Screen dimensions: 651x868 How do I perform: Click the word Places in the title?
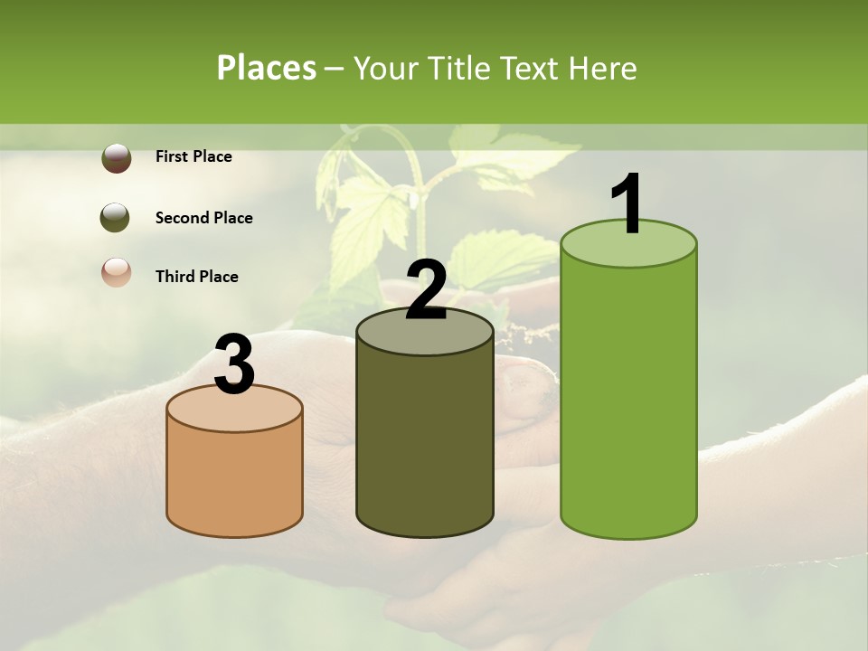click(x=267, y=68)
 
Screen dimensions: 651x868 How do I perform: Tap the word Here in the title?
click(x=602, y=68)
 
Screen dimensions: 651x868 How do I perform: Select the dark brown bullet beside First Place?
click(x=117, y=158)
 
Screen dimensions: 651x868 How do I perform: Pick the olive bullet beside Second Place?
click(x=117, y=218)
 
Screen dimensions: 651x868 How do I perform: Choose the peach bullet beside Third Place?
click(x=117, y=273)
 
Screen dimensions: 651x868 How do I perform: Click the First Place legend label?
click(x=193, y=156)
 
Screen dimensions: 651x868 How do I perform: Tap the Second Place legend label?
click(x=203, y=218)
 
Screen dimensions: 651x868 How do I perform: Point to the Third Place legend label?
click(x=196, y=277)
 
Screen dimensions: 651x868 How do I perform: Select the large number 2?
click(x=426, y=291)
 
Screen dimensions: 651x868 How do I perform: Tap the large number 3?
click(x=235, y=365)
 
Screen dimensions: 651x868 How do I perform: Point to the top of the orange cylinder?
click(x=235, y=409)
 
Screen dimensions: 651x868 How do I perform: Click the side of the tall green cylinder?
click(x=629, y=398)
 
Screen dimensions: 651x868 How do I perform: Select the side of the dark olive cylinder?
click(x=425, y=443)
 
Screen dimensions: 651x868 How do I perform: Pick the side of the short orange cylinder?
click(x=235, y=479)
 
